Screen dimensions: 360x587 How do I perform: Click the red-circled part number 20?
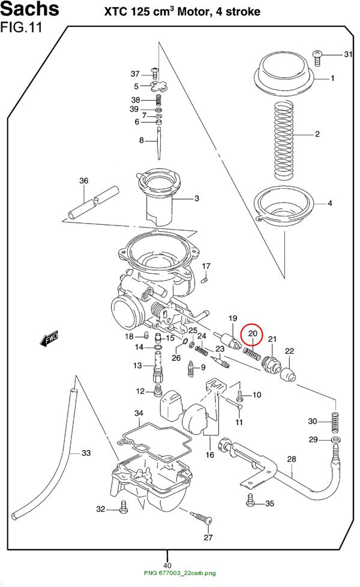(253, 333)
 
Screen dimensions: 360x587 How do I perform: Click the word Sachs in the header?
(29, 9)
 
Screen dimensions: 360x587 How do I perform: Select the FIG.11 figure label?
(22, 28)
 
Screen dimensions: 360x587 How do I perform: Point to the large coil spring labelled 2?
(284, 141)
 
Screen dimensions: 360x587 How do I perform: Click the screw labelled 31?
(317, 58)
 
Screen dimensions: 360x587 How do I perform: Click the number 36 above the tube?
(83, 181)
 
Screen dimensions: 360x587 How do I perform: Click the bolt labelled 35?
(250, 500)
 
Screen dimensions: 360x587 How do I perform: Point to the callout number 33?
(86, 453)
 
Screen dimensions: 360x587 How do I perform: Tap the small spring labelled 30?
(335, 422)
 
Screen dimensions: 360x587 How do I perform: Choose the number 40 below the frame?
(167, 565)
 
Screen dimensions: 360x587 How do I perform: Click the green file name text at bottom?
(180, 573)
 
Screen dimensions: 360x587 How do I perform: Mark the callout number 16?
(210, 454)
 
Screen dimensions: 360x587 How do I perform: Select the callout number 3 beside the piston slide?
(197, 198)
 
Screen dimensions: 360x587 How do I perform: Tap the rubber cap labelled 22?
(289, 374)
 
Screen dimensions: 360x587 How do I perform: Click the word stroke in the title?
(243, 11)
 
